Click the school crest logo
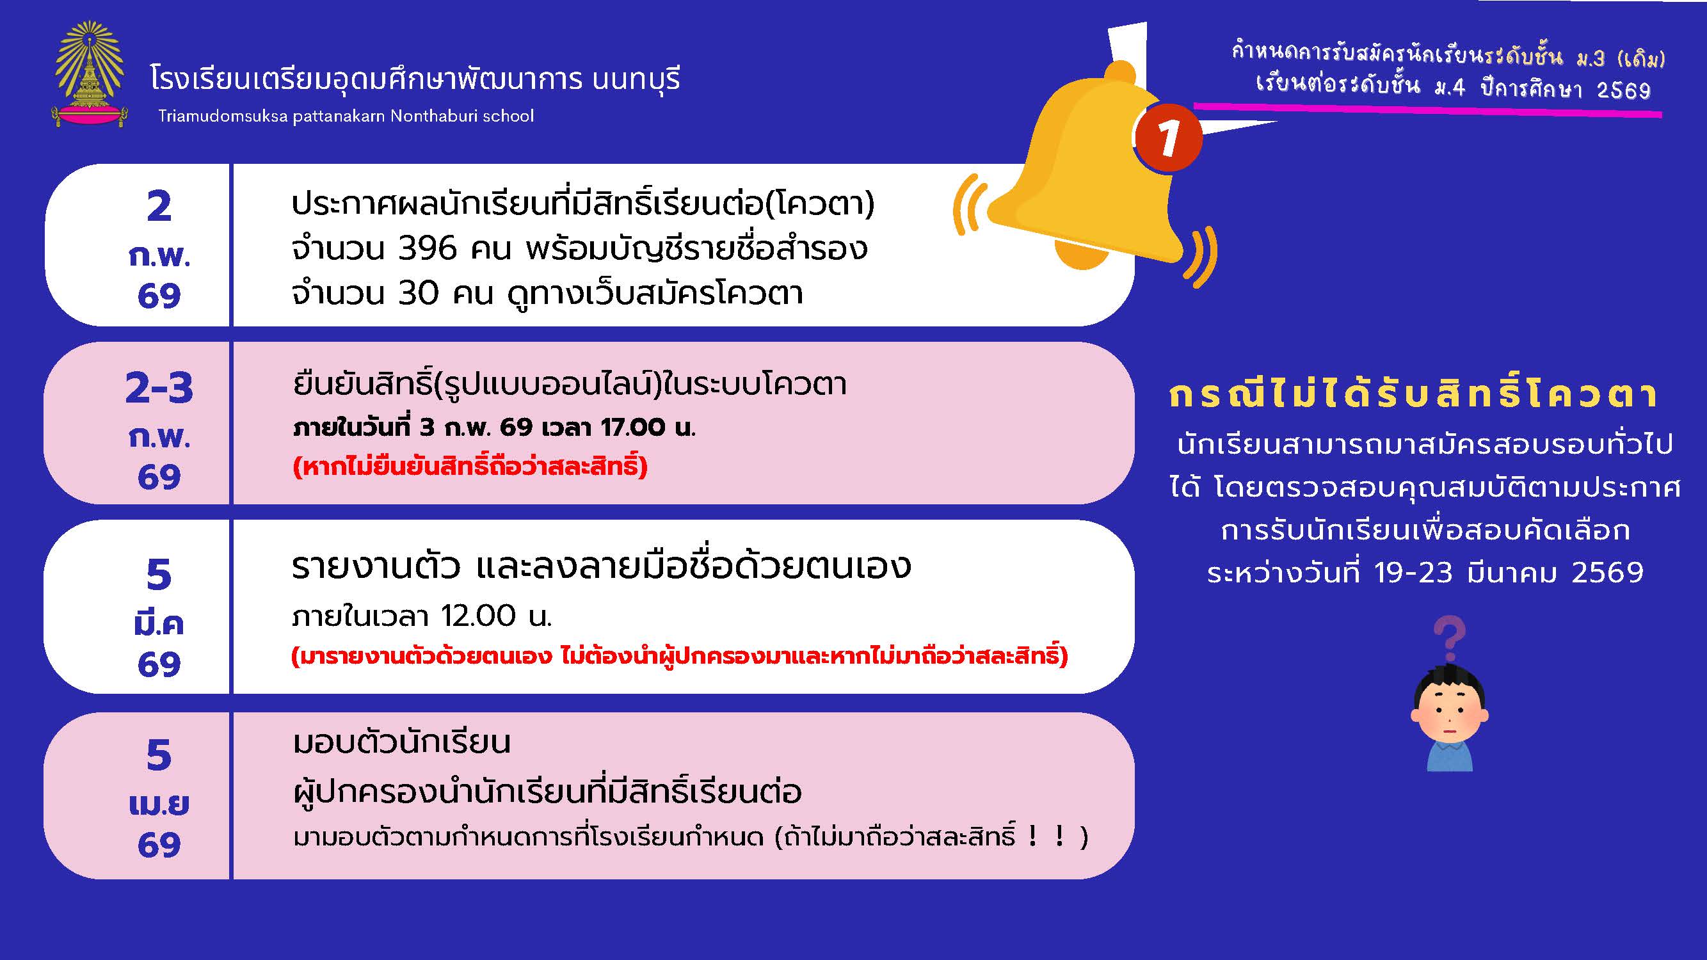pos(90,74)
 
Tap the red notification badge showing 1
pos(1167,137)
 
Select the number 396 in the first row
pos(428,249)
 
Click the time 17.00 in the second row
pos(632,428)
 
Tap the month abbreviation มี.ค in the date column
pos(159,623)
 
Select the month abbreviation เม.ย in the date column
pos(159,804)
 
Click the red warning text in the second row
pos(470,467)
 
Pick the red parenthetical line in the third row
pos(680,656)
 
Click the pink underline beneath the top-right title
pos(1428,110)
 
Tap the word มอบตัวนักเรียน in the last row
pos(401,742)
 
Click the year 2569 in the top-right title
pos(1623,90)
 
